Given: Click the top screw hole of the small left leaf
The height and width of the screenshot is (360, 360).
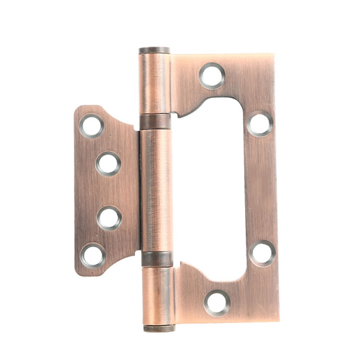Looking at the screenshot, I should point(91,126).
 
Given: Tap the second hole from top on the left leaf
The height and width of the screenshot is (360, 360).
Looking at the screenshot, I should point(108,163).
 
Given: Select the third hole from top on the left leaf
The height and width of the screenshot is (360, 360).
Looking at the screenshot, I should point(109,218).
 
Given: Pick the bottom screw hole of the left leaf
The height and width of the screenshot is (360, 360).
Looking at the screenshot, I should point(93,255).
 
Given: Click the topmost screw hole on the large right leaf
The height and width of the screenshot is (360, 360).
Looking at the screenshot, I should point(212,76).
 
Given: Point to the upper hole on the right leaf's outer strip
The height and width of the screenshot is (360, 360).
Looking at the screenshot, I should point(260,123).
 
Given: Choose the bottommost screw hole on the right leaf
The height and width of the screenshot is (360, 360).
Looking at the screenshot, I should point(217,302).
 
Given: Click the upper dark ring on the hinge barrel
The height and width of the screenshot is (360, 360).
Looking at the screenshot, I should point(155,121).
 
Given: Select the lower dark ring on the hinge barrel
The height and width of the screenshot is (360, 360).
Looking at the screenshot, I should point(157,259).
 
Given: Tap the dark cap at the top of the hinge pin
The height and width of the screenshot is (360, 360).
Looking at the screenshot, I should point(154,50).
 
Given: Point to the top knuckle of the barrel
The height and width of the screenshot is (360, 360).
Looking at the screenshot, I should point(154,84).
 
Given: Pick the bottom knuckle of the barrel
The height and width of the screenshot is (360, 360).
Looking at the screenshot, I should point(158,295).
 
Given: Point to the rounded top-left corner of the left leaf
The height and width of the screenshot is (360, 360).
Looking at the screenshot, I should point(77,109).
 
